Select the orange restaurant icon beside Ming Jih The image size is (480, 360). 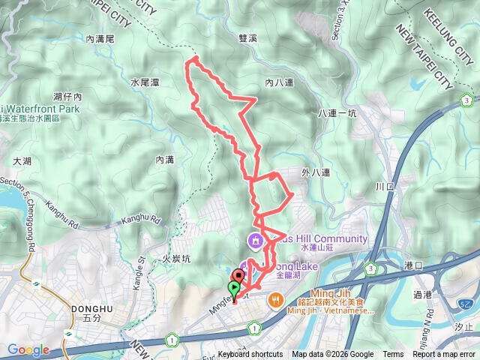276,300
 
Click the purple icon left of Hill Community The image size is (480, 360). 255,240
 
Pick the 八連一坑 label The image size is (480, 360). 337,113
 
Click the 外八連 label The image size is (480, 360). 316,172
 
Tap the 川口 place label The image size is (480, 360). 384,185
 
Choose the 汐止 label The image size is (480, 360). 464,327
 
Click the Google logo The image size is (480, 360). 28,349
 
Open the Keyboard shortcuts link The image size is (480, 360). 250,355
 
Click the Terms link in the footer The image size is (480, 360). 393,355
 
